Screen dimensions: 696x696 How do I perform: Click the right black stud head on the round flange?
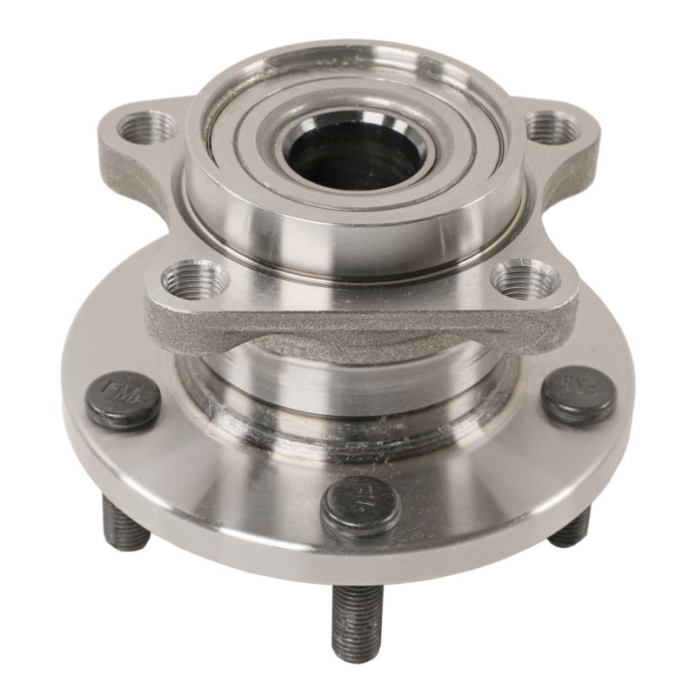click(579, 395)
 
